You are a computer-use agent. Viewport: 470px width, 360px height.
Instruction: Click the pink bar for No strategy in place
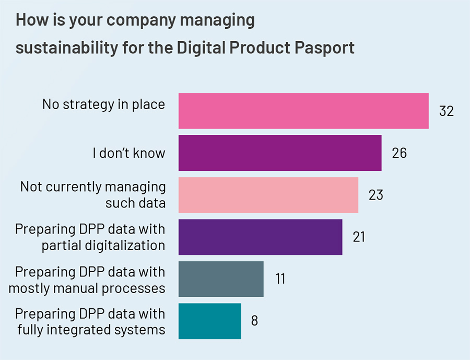point(303,111)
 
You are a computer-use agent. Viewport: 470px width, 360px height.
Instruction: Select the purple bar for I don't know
point(280,153)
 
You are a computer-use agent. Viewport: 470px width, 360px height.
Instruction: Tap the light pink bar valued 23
point(268,195)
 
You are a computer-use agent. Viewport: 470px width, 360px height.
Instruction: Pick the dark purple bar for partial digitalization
point(260,237)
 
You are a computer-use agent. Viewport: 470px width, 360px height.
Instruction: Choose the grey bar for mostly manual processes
point(221,279)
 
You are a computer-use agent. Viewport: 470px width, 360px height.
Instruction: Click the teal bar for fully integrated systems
point(209,321)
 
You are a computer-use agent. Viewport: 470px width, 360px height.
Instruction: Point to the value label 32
point(446,111)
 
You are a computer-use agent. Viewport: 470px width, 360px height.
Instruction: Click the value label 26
point(399,153)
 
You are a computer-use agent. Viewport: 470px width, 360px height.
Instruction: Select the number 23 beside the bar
point(375,195)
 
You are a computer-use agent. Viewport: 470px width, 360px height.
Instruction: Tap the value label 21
point(359,237)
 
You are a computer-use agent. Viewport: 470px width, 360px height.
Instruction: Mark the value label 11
point(280,279)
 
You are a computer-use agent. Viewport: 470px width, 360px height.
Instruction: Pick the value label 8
point(254,321)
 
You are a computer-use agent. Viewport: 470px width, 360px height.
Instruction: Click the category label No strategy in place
point(103,104)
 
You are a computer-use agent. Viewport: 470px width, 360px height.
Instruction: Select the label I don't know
point(128,153)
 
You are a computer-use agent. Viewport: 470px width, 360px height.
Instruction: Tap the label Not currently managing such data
point(93,194)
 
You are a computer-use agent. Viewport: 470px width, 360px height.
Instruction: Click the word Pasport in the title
point(324,48)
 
